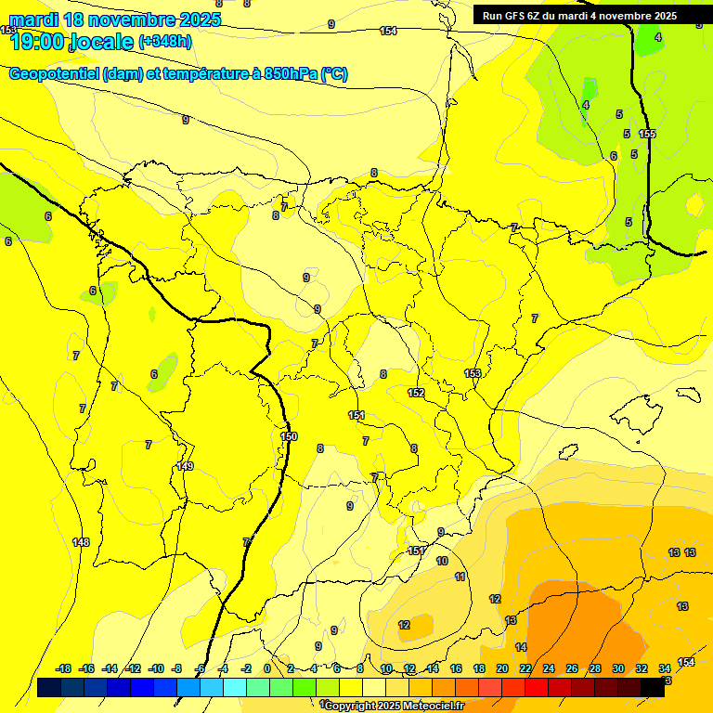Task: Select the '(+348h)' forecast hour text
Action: tap(165, 42)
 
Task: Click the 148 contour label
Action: tap(81, 542)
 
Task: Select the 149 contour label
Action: tap(185, 466)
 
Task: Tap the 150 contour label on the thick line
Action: tap(289, 436)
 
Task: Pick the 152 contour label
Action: tap(416, 393)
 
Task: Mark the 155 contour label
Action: tap(647, 134)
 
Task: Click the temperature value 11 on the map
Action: tap(460, 577)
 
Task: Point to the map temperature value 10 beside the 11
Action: tap(442, 561)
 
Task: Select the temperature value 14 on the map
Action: tap(521, 647)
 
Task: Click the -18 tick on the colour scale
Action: tap(63, 668)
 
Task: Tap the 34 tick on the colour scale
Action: tap(665, 668)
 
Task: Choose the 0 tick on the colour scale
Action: tap(267, 668)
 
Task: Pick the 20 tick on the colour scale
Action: tap(501, 668)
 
